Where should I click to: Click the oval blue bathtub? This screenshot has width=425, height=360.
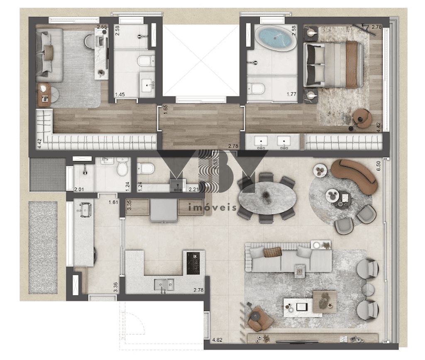click(276, 39)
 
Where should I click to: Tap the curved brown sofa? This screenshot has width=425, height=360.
click(355, 174)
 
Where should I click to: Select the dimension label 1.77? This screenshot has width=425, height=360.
click(291, 94)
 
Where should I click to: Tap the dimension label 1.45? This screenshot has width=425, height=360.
click(120, 95)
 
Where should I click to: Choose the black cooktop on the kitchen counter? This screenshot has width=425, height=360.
click(193, 263)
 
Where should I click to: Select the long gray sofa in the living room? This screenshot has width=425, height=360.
click(288, 259)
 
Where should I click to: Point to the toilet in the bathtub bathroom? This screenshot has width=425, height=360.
click(256, 88)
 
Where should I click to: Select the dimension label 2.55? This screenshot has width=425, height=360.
click(101, 27)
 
